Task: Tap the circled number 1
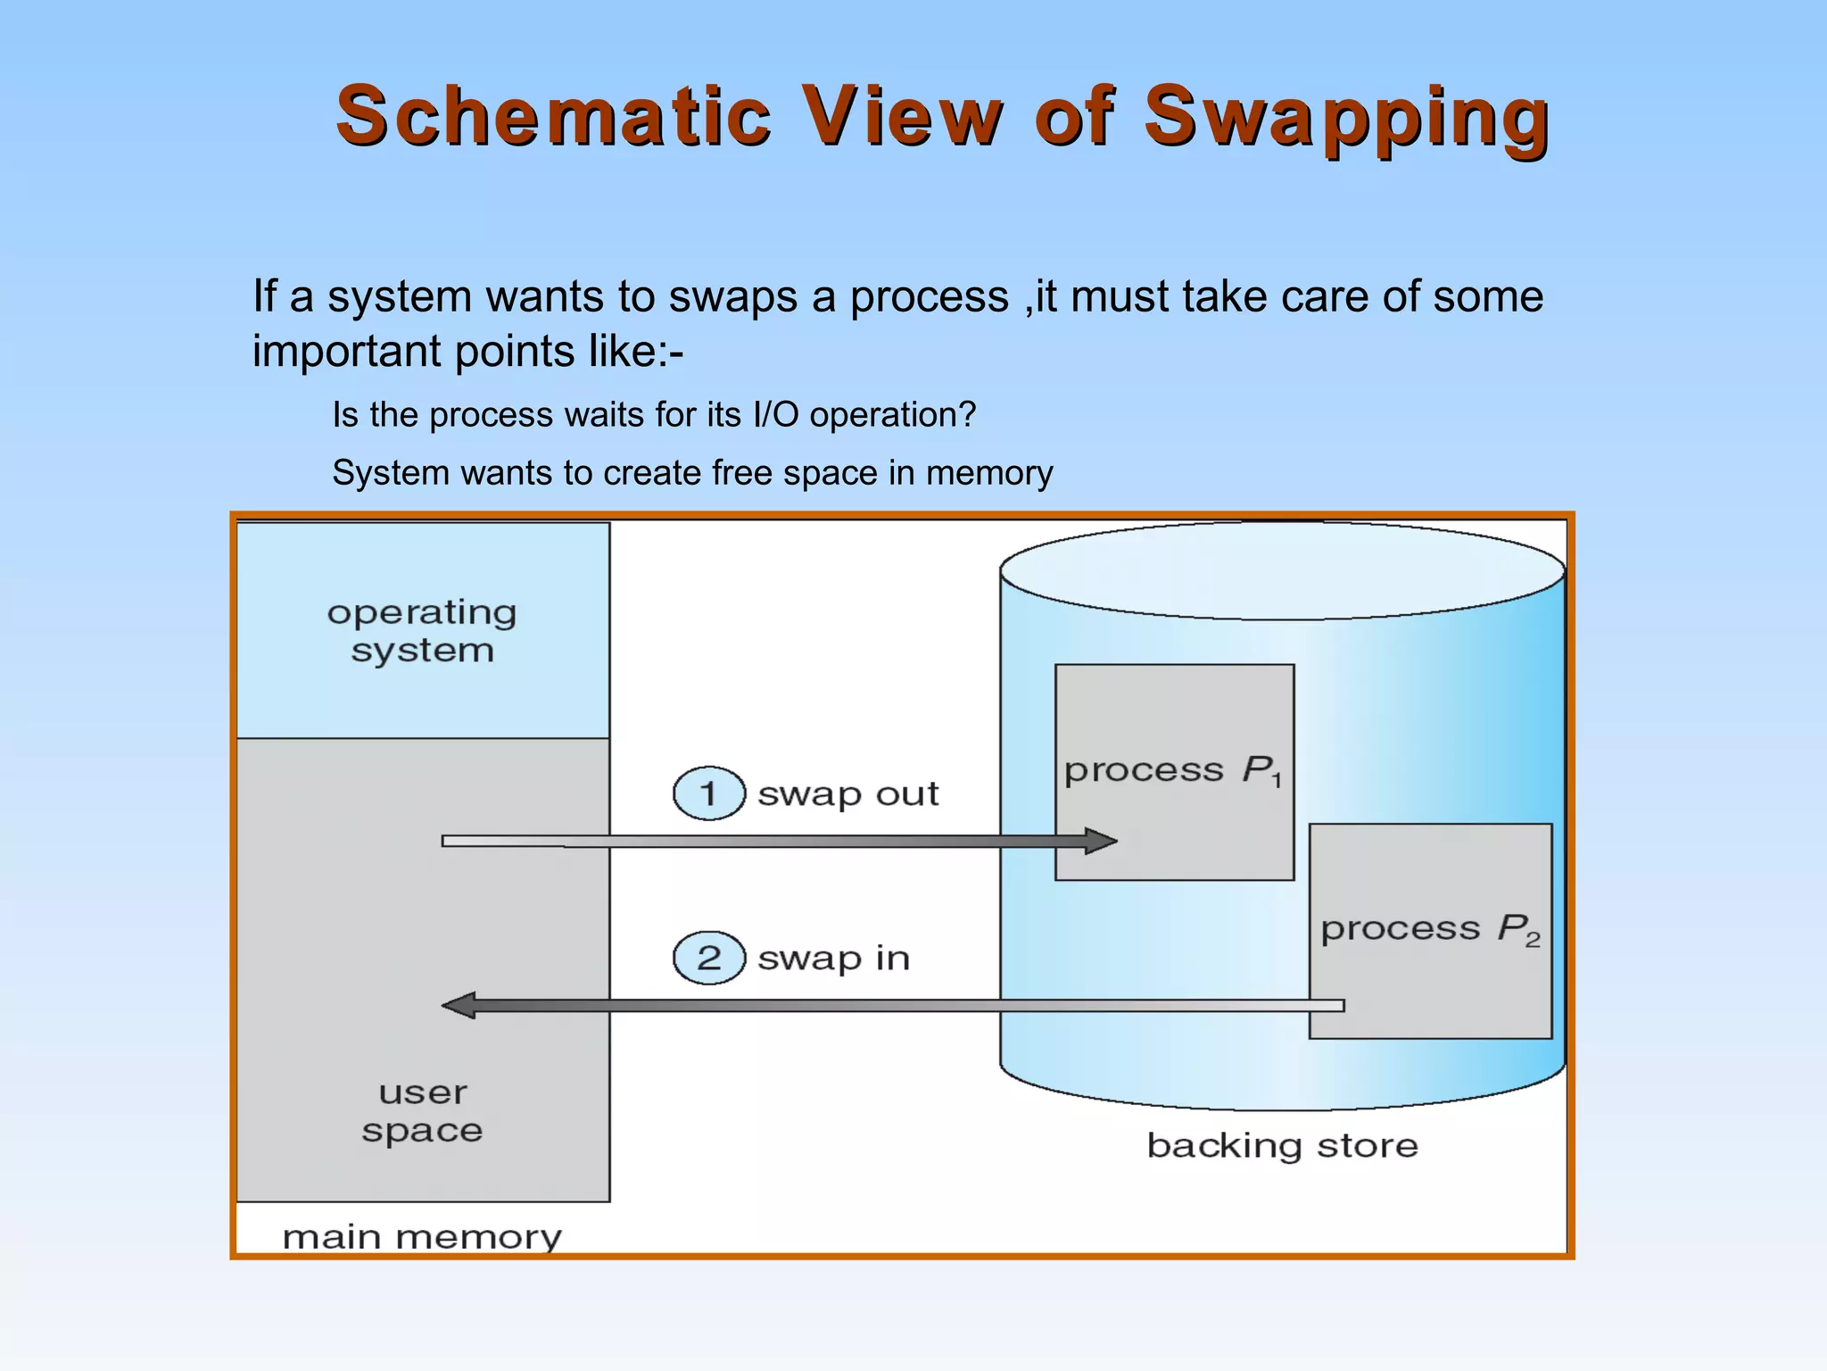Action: click(708, 794)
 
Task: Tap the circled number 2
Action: click(708, 958)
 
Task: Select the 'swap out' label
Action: click(847, 794)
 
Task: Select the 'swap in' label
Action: click(833, 958)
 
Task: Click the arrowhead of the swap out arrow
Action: click(1101, 841)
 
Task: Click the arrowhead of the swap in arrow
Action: click(459, 1006)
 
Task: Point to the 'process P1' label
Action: click(1173, 770)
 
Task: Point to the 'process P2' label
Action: click(1430, 929)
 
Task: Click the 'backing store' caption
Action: click(1282, 1145)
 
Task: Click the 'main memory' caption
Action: click(422, 1237)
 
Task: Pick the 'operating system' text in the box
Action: click(422, 631)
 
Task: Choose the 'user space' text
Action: click(422, 1111)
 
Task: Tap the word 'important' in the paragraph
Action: click(347, 351)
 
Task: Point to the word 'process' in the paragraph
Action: click(929, 297)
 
